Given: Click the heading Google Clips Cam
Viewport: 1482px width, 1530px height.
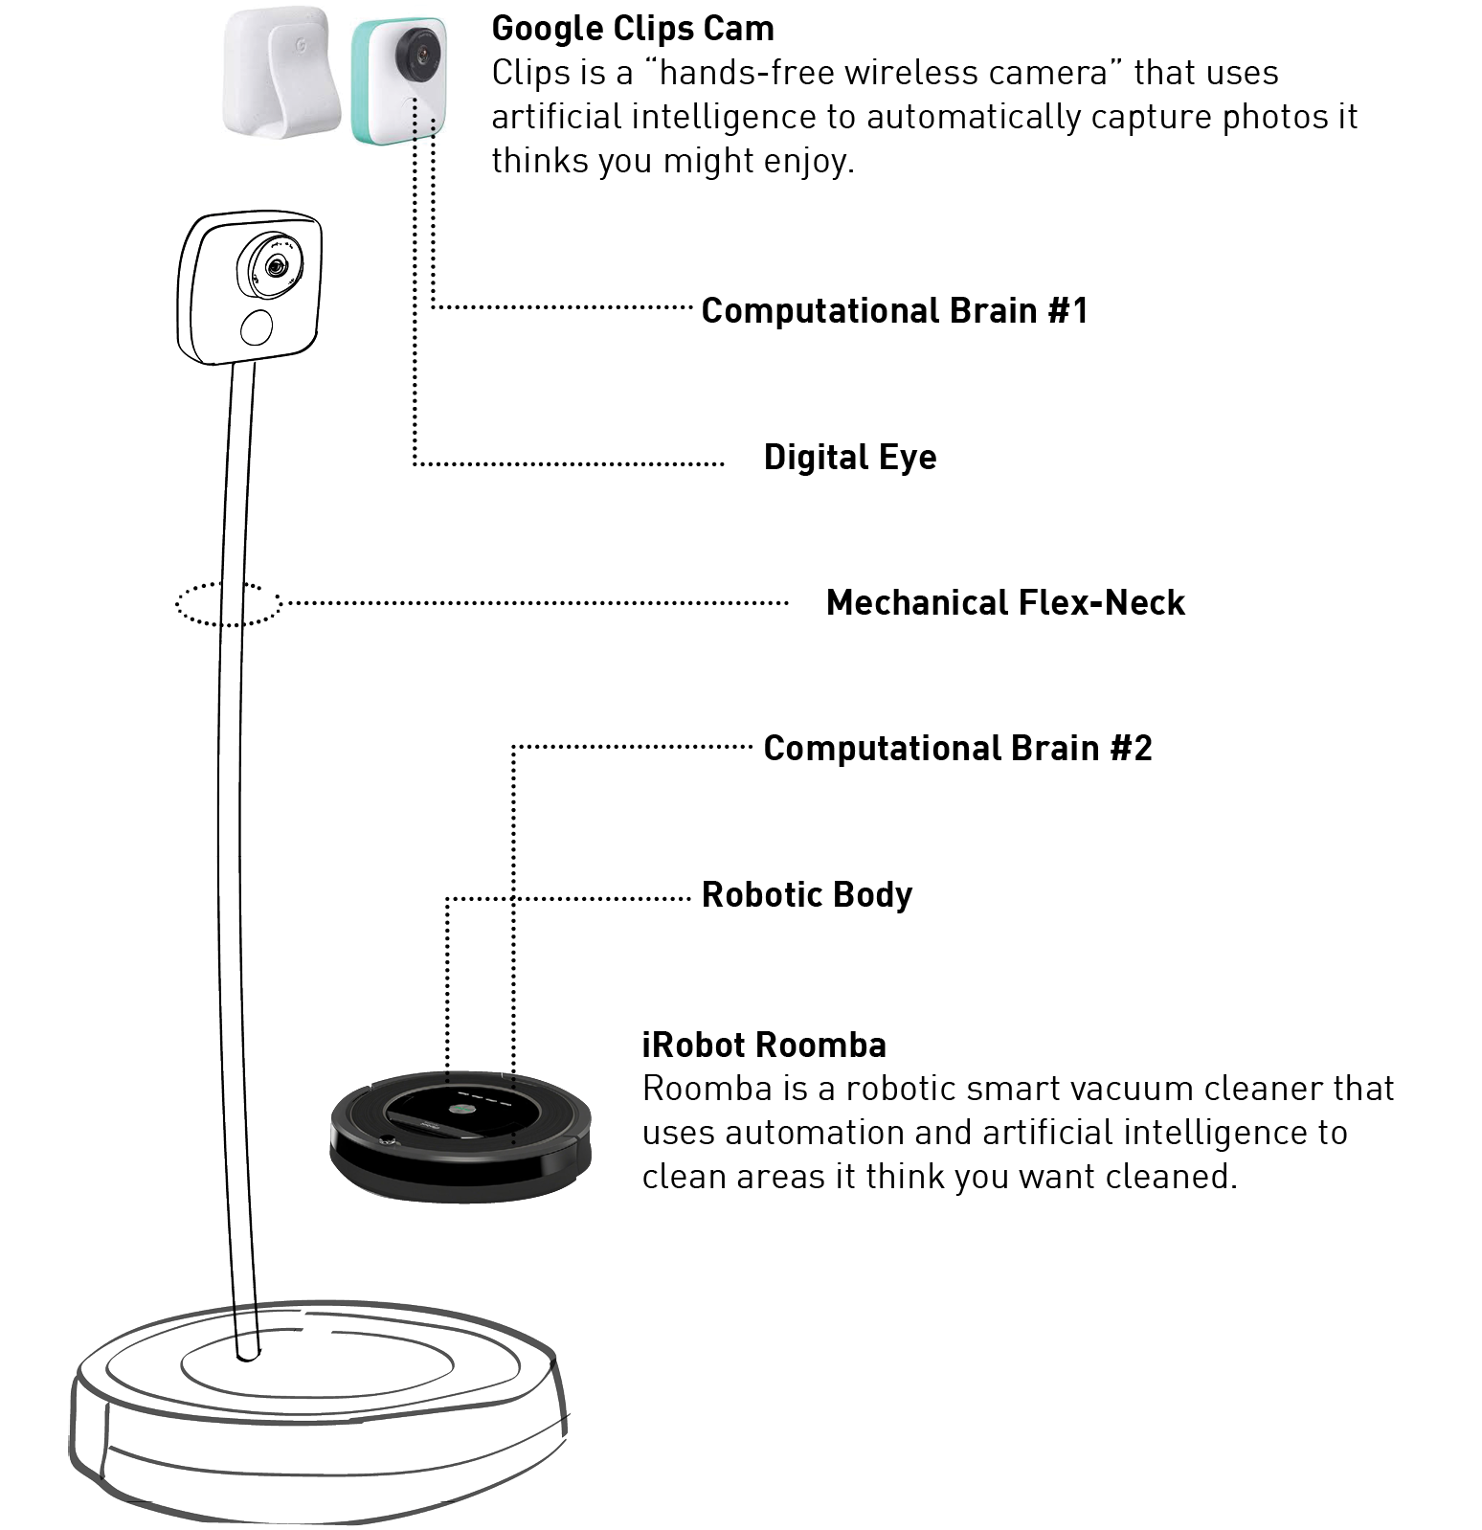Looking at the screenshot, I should tap(633, 29).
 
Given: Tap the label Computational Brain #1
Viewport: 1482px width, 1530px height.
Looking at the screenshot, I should tap(894, 311).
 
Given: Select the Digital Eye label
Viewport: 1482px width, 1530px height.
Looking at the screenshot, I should tap(849, 458).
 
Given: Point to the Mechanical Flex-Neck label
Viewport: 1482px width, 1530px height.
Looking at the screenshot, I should tap(1005, 603).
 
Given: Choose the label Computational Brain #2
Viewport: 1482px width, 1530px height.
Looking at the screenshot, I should tap(957, 749).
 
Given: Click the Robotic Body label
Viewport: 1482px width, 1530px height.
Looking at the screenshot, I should tap(806, 895).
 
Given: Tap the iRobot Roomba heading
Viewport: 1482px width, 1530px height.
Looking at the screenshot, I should tap(764, 1045).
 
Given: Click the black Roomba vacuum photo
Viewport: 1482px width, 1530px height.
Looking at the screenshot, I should tap(460, 1136).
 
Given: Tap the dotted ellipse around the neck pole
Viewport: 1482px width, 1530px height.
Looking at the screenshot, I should tap(228, 604).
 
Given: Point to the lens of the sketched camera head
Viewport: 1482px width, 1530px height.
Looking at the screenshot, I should tap(275, 266).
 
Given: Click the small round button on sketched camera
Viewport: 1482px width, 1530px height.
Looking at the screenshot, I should tap(257, 327).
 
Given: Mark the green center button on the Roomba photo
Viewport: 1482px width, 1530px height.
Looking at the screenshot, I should tap(460, 1111).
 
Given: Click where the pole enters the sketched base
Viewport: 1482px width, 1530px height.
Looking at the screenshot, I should tap(247, 1354).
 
